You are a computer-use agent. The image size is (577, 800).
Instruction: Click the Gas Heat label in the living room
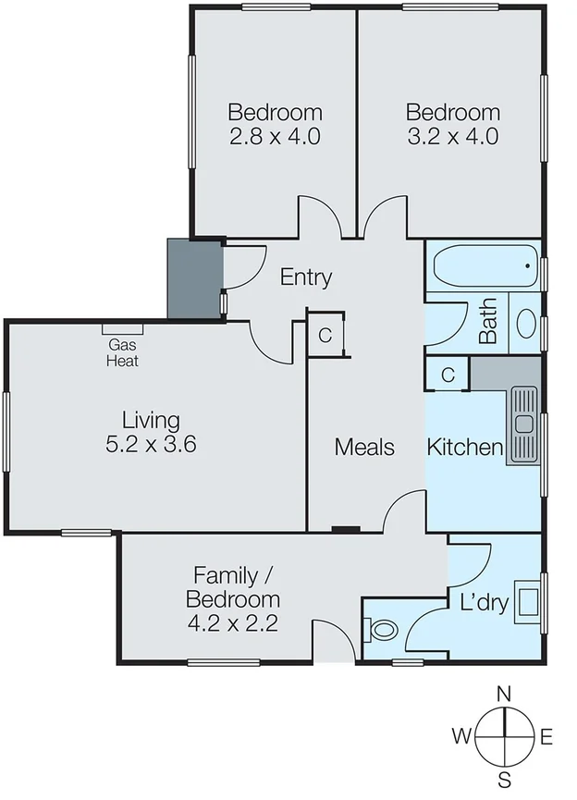click(122, 353)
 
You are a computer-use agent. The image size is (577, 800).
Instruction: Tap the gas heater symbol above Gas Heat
click(122, 328)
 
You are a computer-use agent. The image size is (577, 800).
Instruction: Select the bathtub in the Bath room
click(484, 266)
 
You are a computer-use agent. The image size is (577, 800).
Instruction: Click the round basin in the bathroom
click(525, 323)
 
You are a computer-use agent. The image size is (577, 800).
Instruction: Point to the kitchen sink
click(524, 425)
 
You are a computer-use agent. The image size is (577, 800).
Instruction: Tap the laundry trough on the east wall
click(528, 601)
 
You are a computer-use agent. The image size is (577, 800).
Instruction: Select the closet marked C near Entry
click(325, 335)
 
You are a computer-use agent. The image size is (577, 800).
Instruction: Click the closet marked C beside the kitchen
click(448, 375)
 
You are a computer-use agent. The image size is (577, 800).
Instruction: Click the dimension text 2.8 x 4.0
click(276, 137)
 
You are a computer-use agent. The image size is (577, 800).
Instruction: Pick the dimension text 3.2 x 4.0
click(453, 137)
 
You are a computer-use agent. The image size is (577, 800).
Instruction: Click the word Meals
click(364, 448)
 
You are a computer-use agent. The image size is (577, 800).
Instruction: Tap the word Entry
click(305, 277)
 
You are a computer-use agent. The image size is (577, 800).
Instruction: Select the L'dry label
click(485, 603)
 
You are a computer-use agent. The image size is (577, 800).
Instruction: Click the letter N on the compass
click(504, 694)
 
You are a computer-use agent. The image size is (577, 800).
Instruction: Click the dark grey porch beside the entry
click(194, 277)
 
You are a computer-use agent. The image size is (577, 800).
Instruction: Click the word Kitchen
click(464, 448)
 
